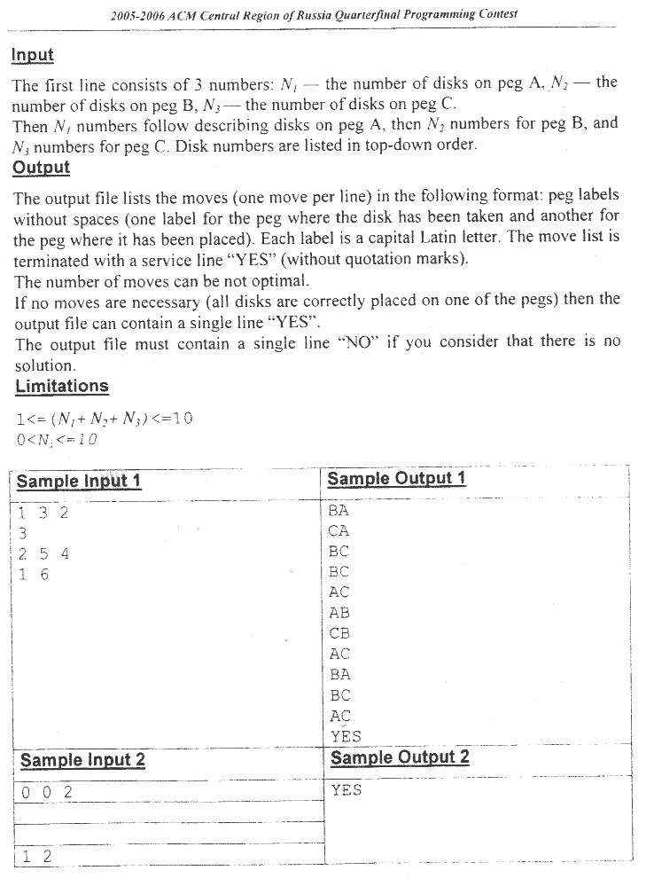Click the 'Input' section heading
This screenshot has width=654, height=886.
(33, 55)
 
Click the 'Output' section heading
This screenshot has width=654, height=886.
(41, 168)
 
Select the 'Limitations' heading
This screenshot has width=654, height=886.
(61, 386)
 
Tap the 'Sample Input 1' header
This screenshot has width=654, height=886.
(79, 482)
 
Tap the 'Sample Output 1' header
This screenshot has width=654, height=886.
(396, 479)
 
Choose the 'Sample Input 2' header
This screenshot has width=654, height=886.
(82, 760)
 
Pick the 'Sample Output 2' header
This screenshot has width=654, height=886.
(400, 757)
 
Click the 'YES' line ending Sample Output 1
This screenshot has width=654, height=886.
(346, 735)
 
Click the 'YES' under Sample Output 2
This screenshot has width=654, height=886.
(346, 789)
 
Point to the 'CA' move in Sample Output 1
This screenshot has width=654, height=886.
(339, 531)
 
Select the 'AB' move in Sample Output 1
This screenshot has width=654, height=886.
(339, 613)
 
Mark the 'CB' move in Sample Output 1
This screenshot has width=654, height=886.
(339, 633)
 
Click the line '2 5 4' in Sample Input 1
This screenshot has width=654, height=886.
(43, 554)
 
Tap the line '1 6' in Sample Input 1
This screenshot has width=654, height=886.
(34, 575)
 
